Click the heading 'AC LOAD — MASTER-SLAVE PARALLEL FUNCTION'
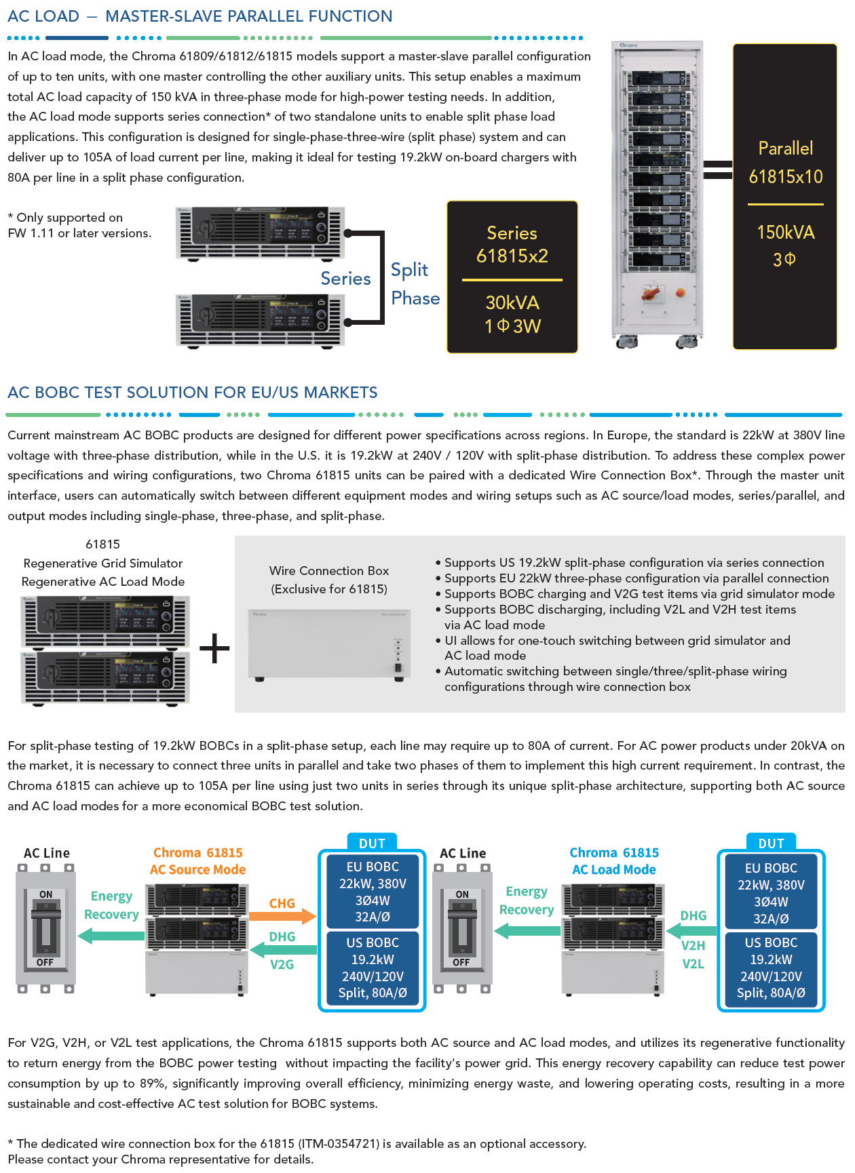coord(200,16)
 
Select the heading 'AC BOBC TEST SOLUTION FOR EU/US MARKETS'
coord(193,393)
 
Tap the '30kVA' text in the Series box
coord(512,302)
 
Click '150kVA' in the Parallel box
coord(785,233)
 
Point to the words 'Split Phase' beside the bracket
coord(415,284)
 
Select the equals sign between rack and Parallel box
coord(717,170)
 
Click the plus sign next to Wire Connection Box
coord(214,648)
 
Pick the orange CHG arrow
coord(282,916)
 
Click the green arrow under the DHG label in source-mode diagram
coord(284,949)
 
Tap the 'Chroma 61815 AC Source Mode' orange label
coord(197,861)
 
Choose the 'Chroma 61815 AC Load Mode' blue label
coord(614,861)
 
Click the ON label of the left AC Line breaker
coord(45,894)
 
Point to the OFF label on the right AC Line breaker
coord(461,962)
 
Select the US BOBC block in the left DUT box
coord(373,968)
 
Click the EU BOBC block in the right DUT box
coord(771,893)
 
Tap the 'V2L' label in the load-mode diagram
coord(693,963)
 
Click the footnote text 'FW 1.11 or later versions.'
coord(79,233)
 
